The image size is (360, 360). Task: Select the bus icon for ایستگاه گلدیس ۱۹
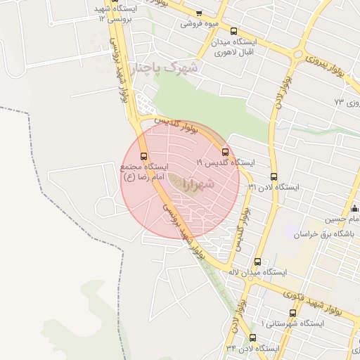point(225,152)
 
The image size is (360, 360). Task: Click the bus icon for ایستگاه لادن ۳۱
point(274,177)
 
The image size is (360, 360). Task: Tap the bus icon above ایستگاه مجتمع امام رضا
point(144,156)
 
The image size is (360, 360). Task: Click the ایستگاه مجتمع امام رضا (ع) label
point(143,172)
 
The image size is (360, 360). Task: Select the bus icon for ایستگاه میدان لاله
point(257,262)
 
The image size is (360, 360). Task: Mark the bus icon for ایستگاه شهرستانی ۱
point(292,313)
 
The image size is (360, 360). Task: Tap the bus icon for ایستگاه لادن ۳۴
point(252,337)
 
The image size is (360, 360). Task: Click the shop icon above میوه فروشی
point(199,13)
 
